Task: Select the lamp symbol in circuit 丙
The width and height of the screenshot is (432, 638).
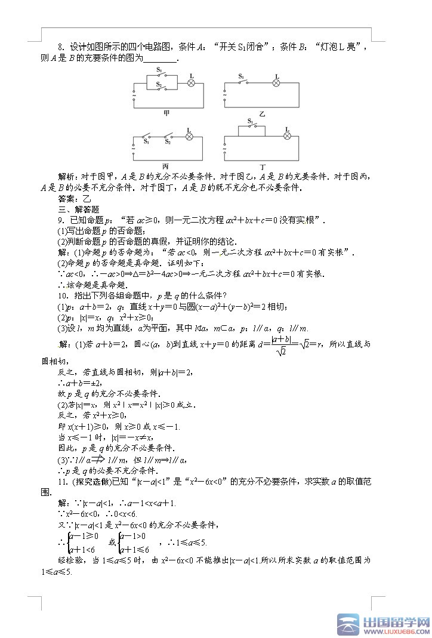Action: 189,137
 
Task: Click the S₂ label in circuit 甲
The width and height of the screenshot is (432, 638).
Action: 159,84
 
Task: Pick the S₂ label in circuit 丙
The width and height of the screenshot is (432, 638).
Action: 168,142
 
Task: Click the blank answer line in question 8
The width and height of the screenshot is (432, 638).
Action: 161,58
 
